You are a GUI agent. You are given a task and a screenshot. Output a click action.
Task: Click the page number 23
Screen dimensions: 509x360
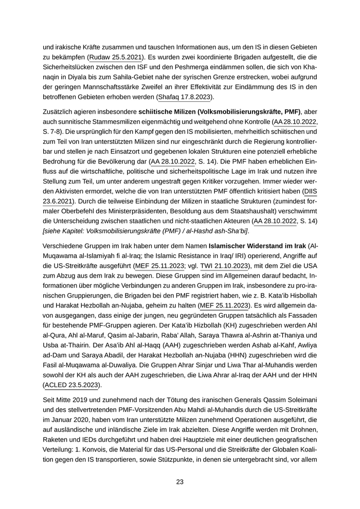[179, 482]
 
